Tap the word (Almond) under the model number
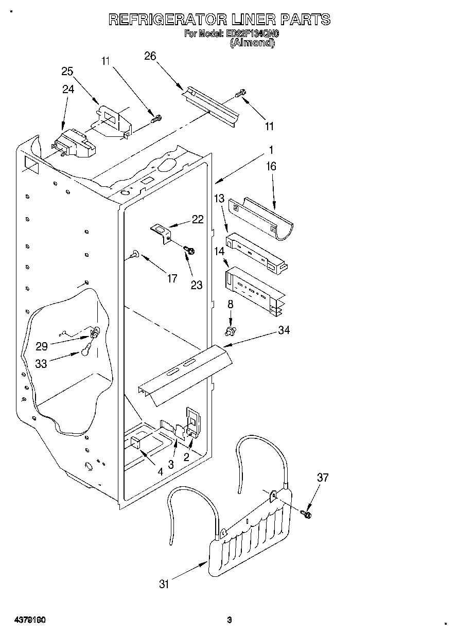coord(252,43)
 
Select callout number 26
coord(150,57)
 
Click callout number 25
coord(67,72)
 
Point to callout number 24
coord(68,89)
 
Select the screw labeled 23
coord(189,250)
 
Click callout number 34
coord(284,330)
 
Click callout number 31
coord(164,584)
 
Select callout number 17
coord(172,278)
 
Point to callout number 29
coord(42,347)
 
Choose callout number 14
coord(219,252)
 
